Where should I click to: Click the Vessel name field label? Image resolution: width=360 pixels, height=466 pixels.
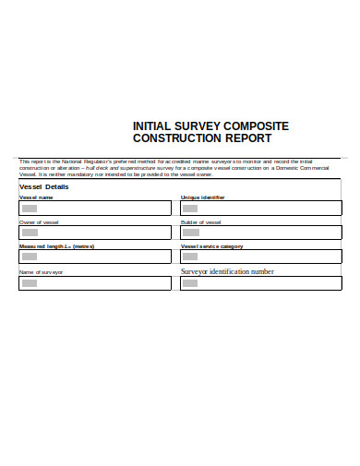(37, 197)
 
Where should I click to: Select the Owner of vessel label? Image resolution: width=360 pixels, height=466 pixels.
(40, 222)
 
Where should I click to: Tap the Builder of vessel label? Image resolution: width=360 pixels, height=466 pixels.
(201, 222)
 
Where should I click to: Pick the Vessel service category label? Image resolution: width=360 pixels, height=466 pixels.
(212, 246)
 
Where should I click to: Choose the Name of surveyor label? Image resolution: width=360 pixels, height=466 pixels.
(42, 272)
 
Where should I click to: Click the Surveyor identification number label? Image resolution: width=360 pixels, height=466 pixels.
(227, 272)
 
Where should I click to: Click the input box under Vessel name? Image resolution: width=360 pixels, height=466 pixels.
(95, 209)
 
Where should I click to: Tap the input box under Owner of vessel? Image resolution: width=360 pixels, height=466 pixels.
(95, 233)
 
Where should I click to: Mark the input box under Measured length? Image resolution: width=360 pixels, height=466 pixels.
(95, 257)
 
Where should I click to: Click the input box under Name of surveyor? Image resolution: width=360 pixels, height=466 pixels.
(95, 283)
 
